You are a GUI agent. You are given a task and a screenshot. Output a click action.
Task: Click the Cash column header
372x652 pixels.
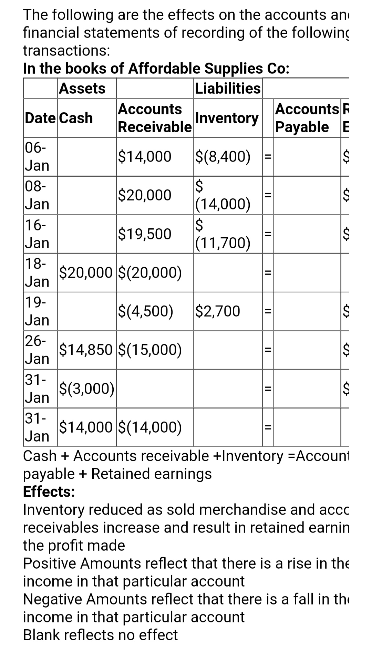click(x=76, y=118)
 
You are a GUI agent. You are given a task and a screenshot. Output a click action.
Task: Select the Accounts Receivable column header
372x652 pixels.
click(x=155, y=118)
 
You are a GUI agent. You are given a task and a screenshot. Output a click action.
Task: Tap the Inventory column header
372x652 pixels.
click(x=227, y=118)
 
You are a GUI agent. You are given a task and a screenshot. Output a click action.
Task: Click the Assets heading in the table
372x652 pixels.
click(x=82, y=89)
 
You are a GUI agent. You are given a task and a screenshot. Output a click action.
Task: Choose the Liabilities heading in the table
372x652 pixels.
click(x=228, y=89)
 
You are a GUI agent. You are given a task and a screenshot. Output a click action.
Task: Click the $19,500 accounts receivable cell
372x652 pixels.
click(x=144, y=234)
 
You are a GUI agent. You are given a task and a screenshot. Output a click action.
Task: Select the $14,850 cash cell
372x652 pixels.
click(x=86, y=350)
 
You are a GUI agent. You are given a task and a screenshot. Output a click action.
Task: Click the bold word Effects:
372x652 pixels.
click(x=49, y=491)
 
